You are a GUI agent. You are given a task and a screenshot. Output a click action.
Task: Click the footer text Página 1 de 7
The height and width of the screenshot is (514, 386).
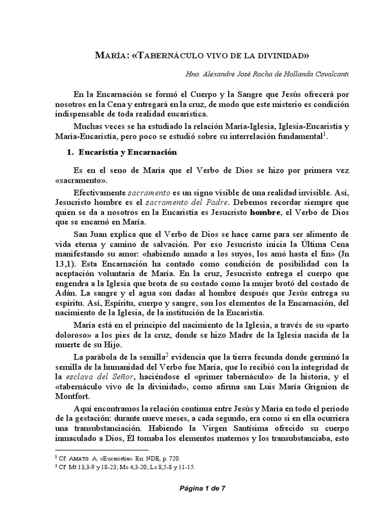coord(192,497)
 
